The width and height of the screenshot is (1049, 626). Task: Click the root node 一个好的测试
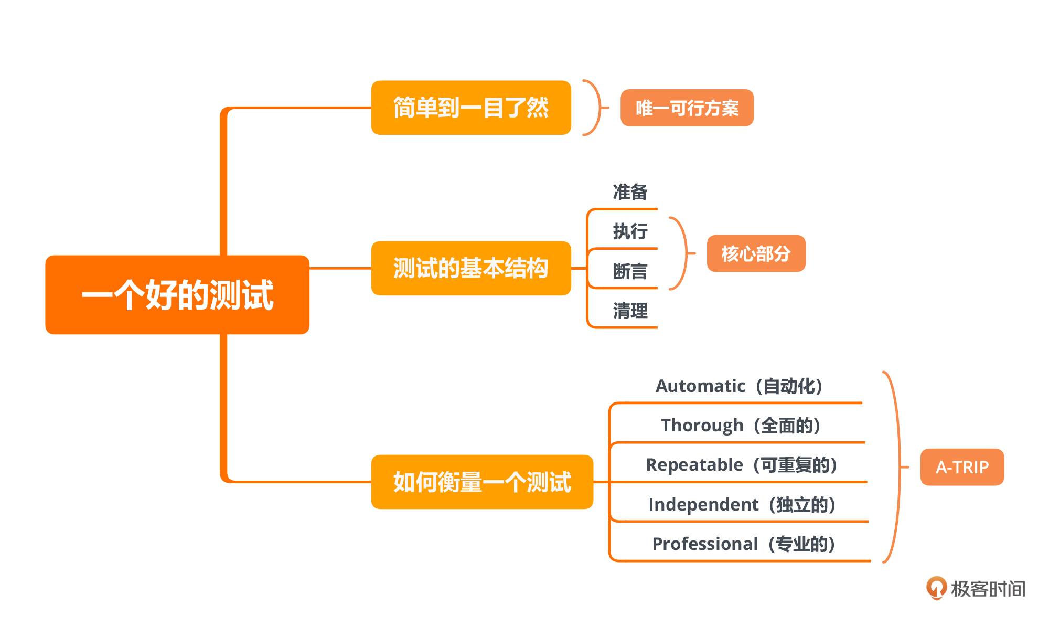click(x=177, y=294)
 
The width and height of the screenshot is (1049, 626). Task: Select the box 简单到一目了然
click(x=470, y=108)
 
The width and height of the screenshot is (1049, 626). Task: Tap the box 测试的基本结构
click(x=470, y=268)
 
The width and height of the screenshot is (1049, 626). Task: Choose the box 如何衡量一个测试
click(x=481, y=482)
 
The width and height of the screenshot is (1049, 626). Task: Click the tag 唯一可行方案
click(x=687, y=108)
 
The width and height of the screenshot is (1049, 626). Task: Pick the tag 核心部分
click(x=755, y=253)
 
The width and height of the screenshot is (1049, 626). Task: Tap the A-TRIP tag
click(x=961, y=467)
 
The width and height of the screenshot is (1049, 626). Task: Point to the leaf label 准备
click(x=630, y=192)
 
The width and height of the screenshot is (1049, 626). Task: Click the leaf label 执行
click(x=630, y=231)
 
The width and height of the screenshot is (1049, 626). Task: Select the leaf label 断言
click(x=630, y=271)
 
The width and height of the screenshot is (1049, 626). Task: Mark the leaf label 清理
click(x=630, y=311)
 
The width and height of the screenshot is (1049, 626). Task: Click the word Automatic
click(x=700, y=386)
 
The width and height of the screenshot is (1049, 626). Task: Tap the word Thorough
click(x=702, y=426)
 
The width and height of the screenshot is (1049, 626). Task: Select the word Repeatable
click(x=694, y=465)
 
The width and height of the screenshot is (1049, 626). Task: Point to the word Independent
click(x=703, y=505)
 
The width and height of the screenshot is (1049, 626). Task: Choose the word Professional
click(x=705, y=544)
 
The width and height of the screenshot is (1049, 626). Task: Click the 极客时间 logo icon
click(x=936, y=588)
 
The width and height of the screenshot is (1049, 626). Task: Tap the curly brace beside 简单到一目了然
click(x=596, y=108)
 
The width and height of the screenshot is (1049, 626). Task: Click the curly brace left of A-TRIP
click(x=897, y=467)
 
